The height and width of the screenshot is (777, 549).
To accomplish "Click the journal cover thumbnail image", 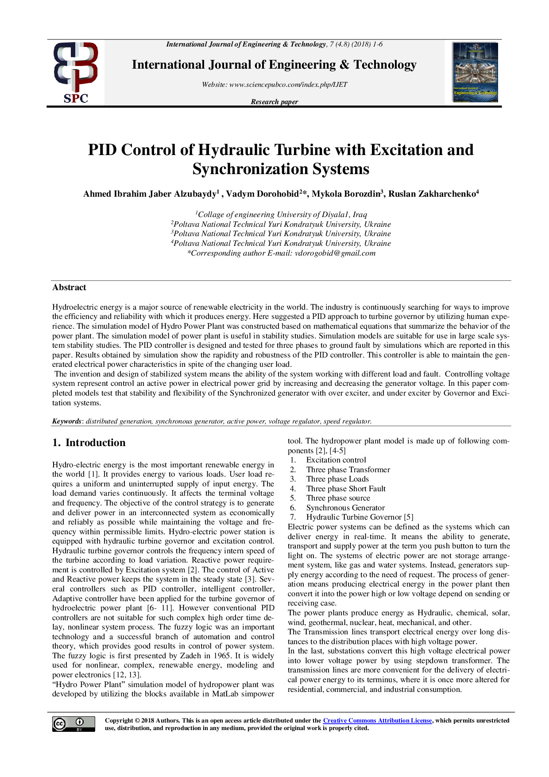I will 475,72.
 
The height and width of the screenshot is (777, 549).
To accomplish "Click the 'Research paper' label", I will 274,102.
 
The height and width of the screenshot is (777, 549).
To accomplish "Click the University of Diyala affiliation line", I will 281,214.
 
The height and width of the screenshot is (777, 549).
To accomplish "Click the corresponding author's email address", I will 335,253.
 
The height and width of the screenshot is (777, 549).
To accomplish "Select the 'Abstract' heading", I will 69,287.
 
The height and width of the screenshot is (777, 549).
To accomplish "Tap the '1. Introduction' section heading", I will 89,443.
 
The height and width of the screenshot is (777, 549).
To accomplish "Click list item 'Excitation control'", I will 336,460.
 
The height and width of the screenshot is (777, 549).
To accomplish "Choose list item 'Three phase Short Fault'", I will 346,489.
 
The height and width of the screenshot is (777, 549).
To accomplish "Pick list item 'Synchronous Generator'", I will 345,508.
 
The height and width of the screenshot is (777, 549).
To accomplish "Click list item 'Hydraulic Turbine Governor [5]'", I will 360,517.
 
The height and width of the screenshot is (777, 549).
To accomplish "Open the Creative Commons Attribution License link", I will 377,721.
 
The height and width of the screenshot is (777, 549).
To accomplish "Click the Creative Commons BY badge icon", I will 73,724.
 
